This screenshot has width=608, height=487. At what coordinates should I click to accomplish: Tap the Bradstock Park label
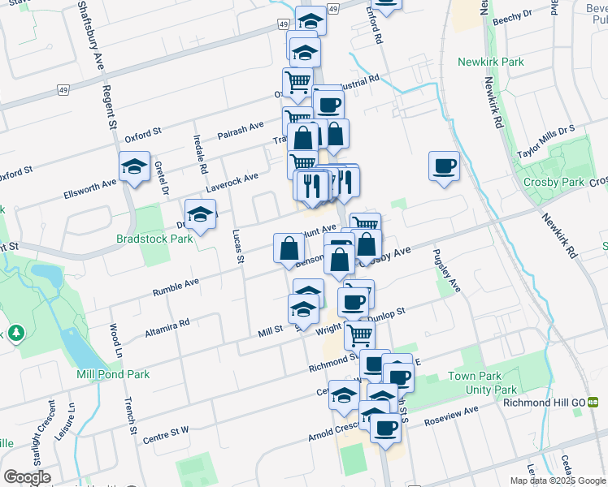click(154, 239)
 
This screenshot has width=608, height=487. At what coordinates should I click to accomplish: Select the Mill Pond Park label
click(113, 374)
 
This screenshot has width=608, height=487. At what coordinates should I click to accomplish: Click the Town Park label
click(471, 377)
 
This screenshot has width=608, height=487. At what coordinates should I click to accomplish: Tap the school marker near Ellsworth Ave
click(134, 168)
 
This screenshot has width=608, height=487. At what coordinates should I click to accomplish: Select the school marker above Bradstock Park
click(200, 215)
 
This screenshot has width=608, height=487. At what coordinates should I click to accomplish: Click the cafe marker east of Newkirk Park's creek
click(444, 166)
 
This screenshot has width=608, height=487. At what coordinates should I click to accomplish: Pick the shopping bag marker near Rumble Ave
click(289, 249)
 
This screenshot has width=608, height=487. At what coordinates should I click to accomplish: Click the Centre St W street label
click(165, 434)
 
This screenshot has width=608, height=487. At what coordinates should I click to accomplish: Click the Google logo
click(27, 477)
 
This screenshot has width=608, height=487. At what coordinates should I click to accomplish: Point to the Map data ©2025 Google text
click(557, 481)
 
